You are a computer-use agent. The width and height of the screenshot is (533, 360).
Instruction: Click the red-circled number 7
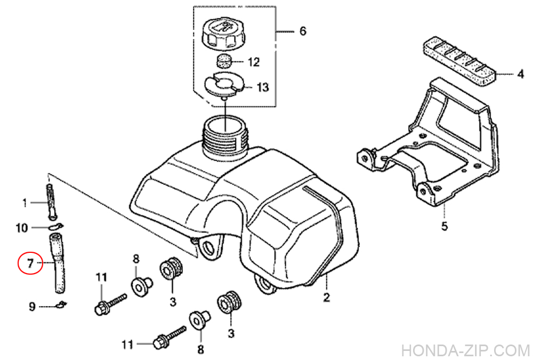pyautogui.click(x=30, y=263)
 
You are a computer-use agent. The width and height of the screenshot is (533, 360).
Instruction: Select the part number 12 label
pyautogui.click(x=254, y=62)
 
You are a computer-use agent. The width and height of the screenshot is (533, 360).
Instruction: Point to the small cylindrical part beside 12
pyautogui.click(x=224, y=61)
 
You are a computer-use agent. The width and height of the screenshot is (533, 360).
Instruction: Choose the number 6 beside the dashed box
pyautogui.click(x=303, y=31)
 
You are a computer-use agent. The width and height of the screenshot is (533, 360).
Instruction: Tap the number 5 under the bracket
pyautogui.click(x=445, y=226)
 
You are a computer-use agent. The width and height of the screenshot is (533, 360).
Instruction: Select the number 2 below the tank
pyautogui.click(x=326, y=298)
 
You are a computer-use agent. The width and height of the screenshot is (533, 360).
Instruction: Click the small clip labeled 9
pyautogui.click(x=61, y=304)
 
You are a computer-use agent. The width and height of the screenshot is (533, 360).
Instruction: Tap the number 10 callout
pyautogui.click(x=22, y=228)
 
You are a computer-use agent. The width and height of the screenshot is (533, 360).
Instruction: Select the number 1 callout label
pyautogui.click(x=25, y=204)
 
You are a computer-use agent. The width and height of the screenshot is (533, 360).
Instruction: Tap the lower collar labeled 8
pyautogui.click(x=199, y=321)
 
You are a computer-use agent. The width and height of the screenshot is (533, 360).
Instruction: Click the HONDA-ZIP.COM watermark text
pyautogui.click(x=465, y=350)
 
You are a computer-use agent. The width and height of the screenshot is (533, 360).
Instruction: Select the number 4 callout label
pyautogui.click(x=520, y=74)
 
